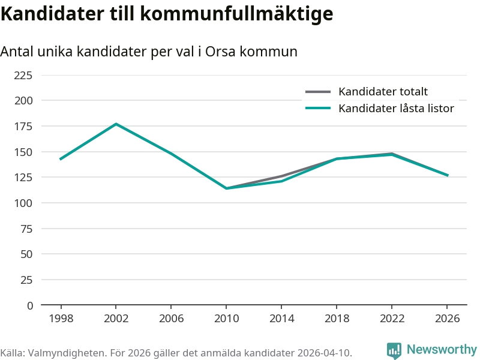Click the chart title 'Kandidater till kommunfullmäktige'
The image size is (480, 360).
166,14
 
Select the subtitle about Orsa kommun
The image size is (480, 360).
149,52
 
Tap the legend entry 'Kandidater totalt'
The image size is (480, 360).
383,92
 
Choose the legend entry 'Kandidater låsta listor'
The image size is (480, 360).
396,109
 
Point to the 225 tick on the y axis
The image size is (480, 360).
23,75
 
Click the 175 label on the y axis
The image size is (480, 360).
23,126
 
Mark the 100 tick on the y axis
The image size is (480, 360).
23,203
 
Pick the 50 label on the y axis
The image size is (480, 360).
26,254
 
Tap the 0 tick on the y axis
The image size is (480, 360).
30,305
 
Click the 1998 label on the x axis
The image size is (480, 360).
61,319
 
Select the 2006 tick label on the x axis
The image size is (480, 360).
171,319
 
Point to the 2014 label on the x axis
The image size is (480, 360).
281,319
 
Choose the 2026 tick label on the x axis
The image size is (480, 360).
447,319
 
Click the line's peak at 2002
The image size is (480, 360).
116,124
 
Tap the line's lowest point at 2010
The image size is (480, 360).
226,188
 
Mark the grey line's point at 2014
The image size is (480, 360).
281,176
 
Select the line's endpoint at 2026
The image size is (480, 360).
447,175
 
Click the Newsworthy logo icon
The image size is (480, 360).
394,350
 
